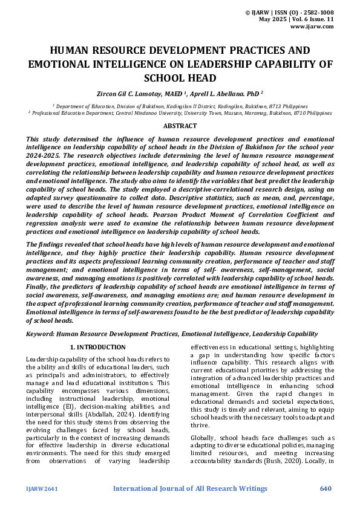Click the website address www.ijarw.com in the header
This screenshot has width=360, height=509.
tap(312, 27)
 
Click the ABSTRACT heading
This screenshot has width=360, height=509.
tap(180, 126)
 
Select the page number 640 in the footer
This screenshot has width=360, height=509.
tap(326, 488)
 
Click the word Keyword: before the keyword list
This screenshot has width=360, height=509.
tap(40, 334)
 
